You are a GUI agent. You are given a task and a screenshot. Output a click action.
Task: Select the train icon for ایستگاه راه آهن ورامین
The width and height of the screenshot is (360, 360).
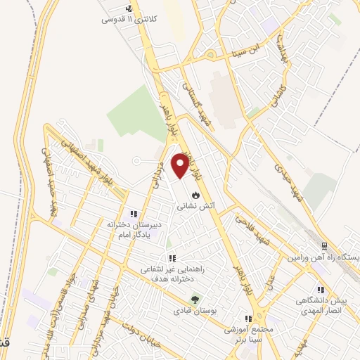click(x=324, y=245)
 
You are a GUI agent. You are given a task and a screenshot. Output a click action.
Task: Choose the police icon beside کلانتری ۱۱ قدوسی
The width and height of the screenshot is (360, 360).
click(x=128, y=9)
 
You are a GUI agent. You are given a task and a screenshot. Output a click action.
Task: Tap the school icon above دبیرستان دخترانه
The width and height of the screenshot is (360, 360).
click(x=133, y=214)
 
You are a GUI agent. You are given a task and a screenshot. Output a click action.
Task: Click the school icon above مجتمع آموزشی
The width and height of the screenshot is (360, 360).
click(x=247, y=319)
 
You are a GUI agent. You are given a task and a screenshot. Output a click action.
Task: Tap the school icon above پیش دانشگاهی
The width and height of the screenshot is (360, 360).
click(x=321, y=289)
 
